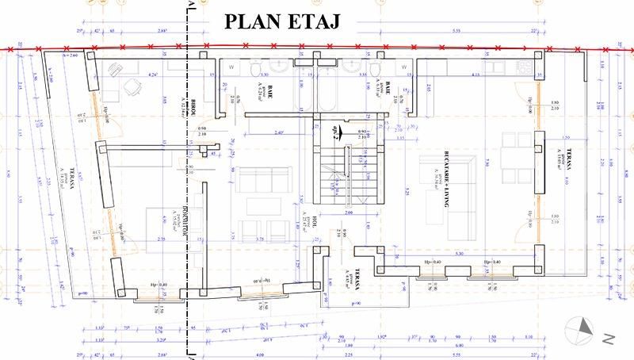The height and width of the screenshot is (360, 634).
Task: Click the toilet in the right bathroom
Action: pyautogui.click(x=372, y=71)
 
